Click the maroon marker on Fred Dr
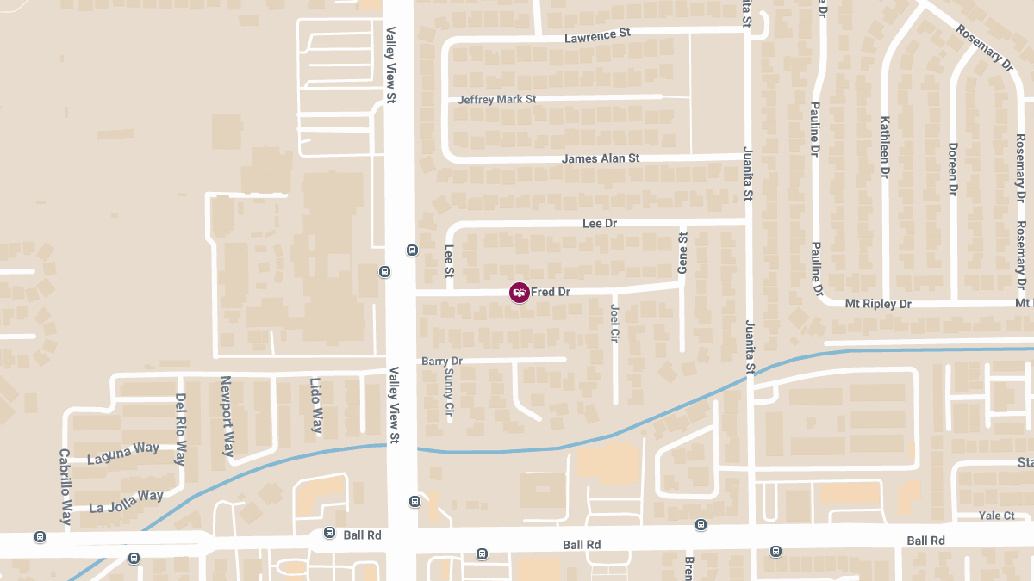[519, 293]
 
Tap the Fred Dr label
[551, 293]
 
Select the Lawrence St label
[597, 36]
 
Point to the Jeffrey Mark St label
[497, 100]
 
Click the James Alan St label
[601, 159]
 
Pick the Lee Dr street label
[600, 224]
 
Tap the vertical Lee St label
[448, 261]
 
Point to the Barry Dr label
[442, 362]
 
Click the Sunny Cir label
[449, 394]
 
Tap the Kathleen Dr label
[884, 147]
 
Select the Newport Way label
[227, 416]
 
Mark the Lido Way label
[316, 405]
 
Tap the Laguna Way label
[124, 451]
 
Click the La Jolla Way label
[126, 501]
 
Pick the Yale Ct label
[997, 516]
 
